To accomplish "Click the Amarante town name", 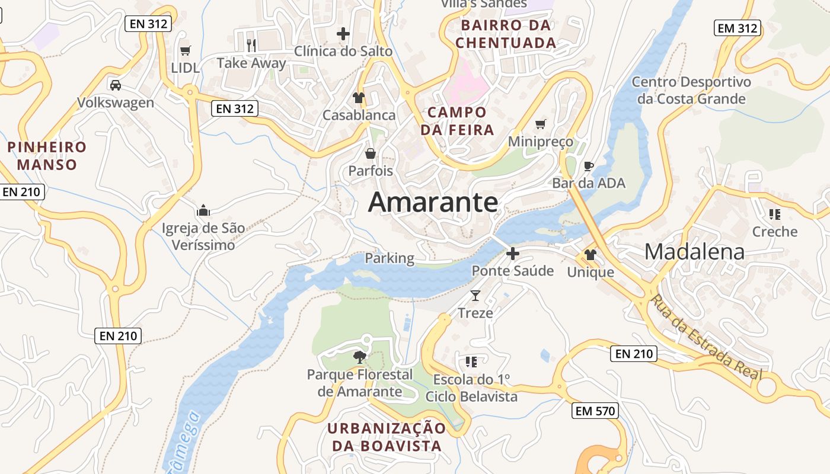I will tap(433, 203).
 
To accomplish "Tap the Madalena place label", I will tap(694, 252).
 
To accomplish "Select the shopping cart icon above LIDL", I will tap(186, 51).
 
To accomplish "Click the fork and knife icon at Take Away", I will tap(251, 45).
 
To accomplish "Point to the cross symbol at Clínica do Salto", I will tap(343, 34).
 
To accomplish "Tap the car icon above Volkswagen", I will tap(116, 85).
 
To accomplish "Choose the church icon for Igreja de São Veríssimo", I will tap(203, 210).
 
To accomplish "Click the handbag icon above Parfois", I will tap(371, 154).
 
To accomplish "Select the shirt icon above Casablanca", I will tap(359, 98).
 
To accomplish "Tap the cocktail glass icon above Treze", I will tap(475, 295).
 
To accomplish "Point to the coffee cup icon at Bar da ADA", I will tap(588, 166).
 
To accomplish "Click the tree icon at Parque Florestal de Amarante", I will tap(359, 357).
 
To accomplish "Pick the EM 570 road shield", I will tap(595, 411).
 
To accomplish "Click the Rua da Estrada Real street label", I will tap(705, 336).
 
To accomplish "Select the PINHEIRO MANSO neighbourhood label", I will tap(47, 155).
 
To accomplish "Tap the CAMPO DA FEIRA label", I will tap(457, 121).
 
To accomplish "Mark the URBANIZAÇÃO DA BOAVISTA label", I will tap(387, 437).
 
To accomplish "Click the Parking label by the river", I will tap(390, 258).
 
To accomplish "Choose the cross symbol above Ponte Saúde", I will tap(513, 254).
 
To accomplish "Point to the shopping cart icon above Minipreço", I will tap(540, 124).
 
